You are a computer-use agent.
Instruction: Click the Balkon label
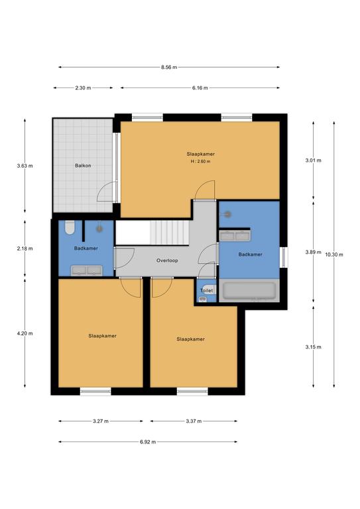[83, 166]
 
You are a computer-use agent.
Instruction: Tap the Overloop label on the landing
[167, 260]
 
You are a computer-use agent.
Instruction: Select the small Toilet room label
[206, 290]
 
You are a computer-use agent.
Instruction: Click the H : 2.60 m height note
[200, 161]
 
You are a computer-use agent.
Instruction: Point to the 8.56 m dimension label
[168, 67]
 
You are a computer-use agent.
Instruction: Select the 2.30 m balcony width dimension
[83, 87]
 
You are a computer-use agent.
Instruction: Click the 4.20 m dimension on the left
[26, 333]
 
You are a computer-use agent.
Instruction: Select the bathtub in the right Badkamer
[248, 290]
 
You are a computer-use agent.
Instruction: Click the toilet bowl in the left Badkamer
[69, 229]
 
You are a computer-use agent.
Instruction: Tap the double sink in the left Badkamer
[87, 269]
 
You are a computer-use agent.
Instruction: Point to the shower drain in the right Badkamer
[229, 213]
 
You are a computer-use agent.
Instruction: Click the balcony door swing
[105, 193]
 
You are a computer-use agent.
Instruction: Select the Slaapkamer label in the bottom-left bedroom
[102, 336]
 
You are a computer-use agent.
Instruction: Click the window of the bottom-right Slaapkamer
[192, 391]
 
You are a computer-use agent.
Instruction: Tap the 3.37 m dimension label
[194, 421]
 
